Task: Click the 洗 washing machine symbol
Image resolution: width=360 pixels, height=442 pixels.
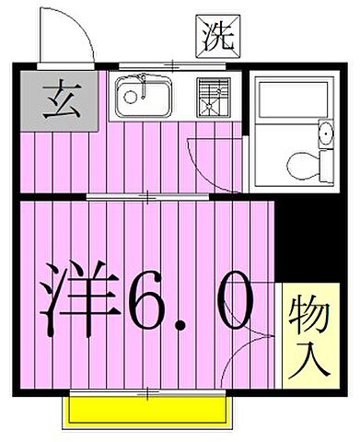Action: [x=218, y=35]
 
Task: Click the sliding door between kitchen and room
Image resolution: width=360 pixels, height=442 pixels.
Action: [x=147, y=196]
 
